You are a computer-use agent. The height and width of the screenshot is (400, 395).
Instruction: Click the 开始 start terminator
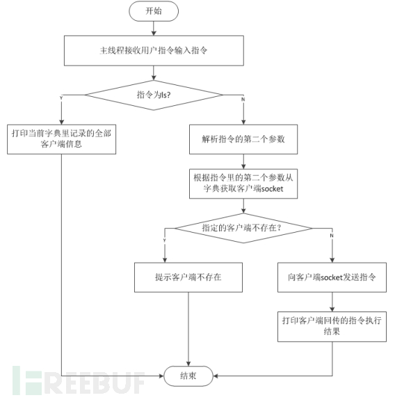(153, 11)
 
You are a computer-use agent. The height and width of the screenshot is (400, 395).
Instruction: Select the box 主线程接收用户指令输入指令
(154, 51)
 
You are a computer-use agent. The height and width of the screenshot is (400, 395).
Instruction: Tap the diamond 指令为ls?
(154, 93)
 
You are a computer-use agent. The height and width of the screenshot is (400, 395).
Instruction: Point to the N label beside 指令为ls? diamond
(242, 98)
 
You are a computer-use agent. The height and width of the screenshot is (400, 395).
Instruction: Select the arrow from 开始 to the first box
(154, 29)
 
